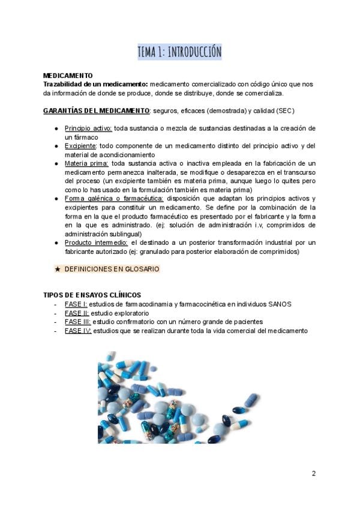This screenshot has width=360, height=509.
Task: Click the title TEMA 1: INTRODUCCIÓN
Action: pyautogui.click(x=179, y=52)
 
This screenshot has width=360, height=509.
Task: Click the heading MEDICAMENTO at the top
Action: pyautogui.click(x=68, y=76)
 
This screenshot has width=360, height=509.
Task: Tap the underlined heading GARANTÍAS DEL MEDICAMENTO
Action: pyautogui.click(x=96, y=111)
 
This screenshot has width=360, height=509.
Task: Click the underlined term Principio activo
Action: pyautogui.click(x=88, y=128)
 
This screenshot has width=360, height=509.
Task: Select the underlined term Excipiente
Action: pyautogui.click(x=80, y=146)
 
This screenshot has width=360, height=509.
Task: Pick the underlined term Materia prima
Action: pyautogui.click(x=86, y=163)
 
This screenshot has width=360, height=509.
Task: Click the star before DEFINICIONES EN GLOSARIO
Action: pyautogui.click(x=58, y=269)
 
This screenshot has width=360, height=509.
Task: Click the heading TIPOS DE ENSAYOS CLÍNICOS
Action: pyautogui.click(x=92, y=295)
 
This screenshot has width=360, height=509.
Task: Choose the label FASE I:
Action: pyautogui.click(x=76, y=304)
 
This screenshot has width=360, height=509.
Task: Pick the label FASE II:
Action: pyautogui.click(x=77, y=313)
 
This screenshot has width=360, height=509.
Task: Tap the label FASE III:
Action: pyautogui.click(x=77, y=322)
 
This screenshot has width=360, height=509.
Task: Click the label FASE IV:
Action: pyautogui.click(x=78, y=331)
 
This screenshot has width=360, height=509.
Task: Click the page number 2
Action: pyautogui.click(x=314, y=473)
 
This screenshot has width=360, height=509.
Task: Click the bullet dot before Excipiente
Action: pyautogui.click(x=56, y=146)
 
